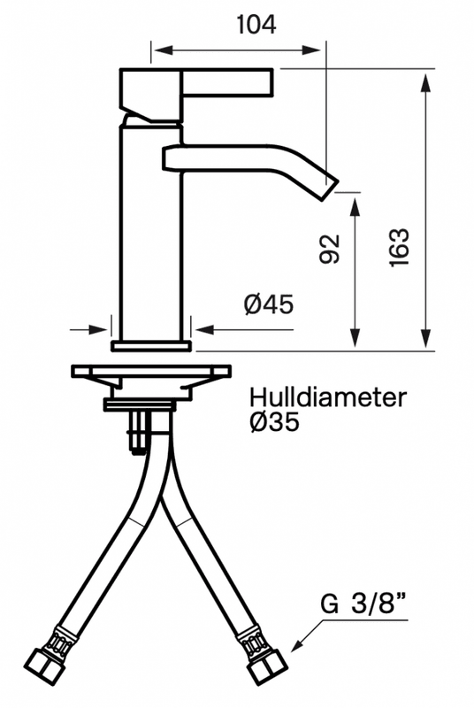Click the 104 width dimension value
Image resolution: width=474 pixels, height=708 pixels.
256,24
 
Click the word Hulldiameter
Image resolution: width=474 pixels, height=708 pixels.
328,396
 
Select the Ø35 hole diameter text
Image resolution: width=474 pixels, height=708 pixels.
274,423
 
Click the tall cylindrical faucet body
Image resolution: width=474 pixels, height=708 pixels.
150,230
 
